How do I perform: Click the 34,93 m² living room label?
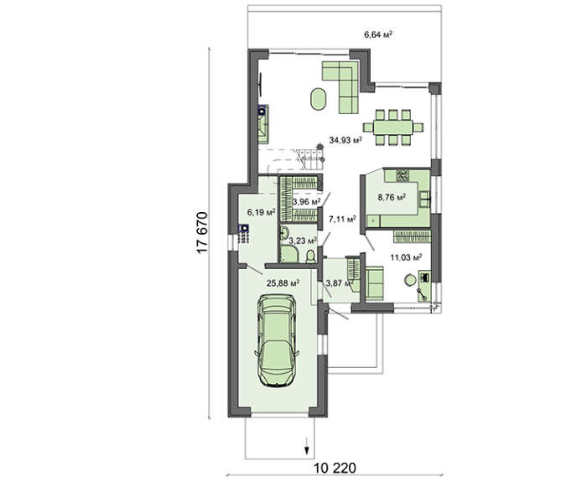coord(345,140)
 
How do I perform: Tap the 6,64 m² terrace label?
coord(378,35)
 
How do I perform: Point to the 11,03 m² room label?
coord(406,257)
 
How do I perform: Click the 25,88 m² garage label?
coord(283,283)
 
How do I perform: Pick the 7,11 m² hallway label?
coord(342,219)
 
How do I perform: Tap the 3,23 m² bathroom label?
coord(303,241)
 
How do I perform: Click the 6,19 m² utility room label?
coord(262,212)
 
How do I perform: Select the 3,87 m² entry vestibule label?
coord(339,283)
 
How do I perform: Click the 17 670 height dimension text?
coord(202,233)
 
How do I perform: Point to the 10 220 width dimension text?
coord(335,468)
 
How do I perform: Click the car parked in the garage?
coord(277,340)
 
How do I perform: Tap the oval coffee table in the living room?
coord(318,99)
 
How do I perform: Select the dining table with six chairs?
coord(393,127)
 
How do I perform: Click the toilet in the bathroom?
coord(311,257)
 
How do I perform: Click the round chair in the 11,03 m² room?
coord(410,280)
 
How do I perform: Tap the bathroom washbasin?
coord(283,234)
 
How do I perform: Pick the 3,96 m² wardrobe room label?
coord(307,202)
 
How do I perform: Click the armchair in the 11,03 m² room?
coord(374,283)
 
